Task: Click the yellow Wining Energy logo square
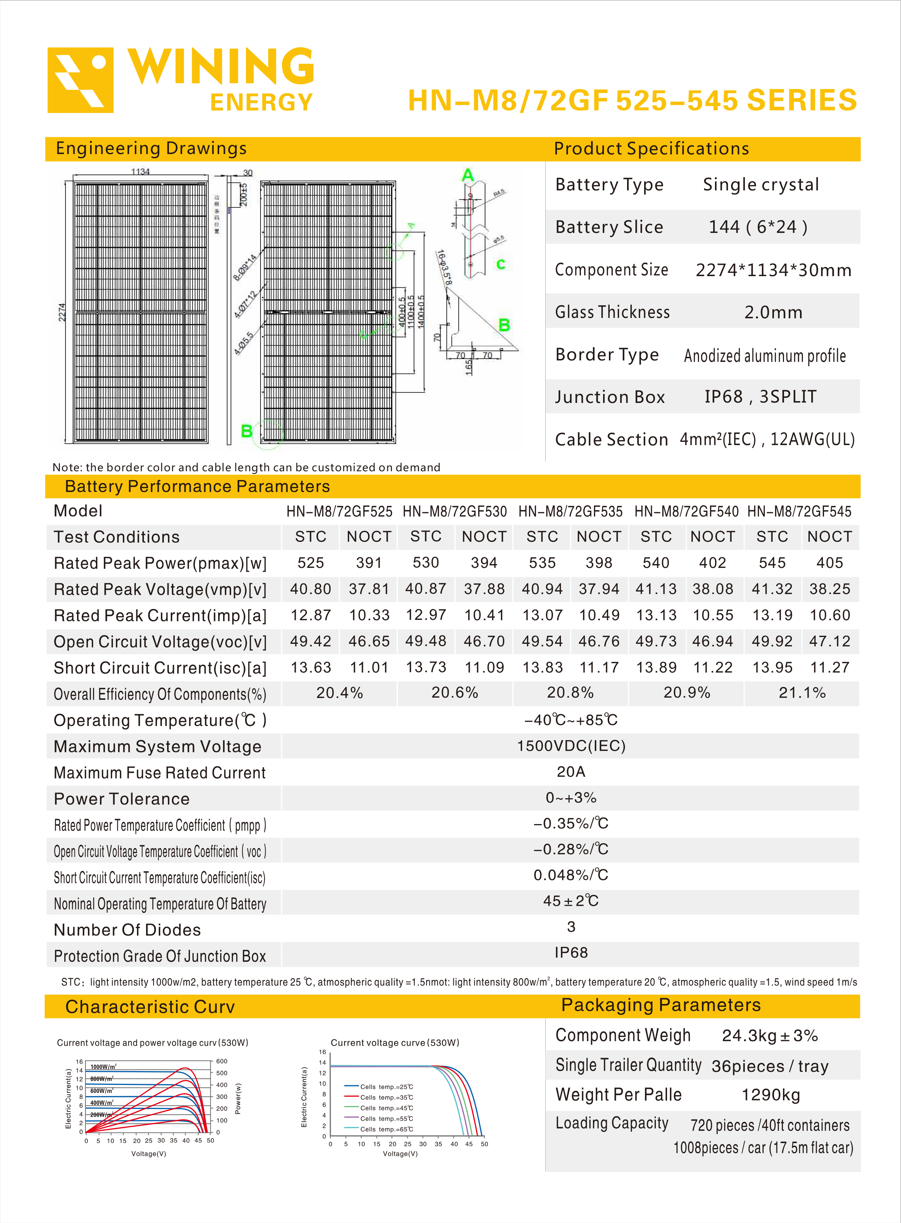point(80,80)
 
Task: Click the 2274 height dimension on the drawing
point(62,312)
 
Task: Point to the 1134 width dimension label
point(140,171)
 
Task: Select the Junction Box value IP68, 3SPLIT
point(760,396)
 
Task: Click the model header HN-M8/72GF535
point(570,512)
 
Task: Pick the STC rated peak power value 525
point(311,563)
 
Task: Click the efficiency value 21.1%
point(802,693)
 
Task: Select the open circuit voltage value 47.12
point(829,642)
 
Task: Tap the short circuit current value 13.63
point(311,668)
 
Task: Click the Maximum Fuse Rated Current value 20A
point(570,772)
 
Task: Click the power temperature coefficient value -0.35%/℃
point(570,823)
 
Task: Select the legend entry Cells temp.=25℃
point(386,1087)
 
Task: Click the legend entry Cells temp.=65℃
point(386,1129)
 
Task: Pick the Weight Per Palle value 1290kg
point(771,1095)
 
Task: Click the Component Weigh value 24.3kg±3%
point(769,1036)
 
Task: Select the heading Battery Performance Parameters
point(197,487)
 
